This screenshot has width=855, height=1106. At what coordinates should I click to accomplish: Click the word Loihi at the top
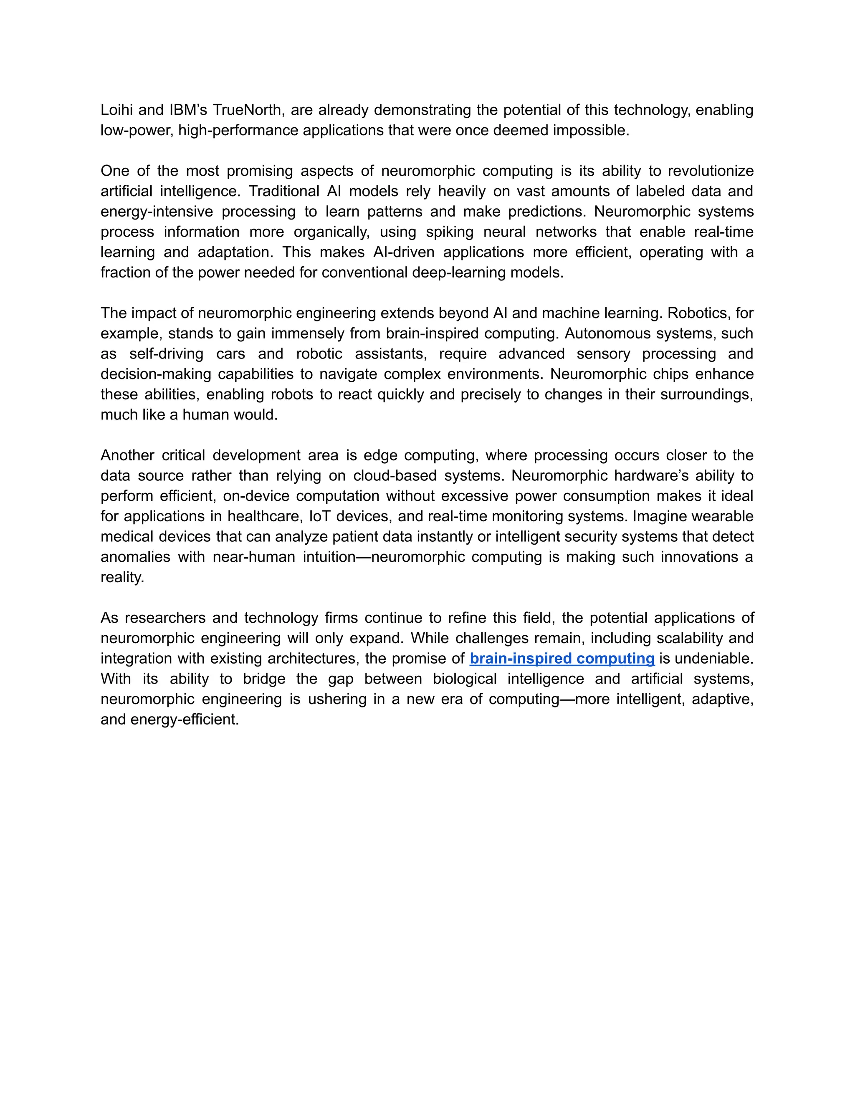coord(116,110)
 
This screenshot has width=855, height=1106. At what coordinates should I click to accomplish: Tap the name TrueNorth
coord(245,110)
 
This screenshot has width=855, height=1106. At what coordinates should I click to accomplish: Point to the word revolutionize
coord(710,171)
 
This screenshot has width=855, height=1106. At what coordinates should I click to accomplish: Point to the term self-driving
coord(166,354)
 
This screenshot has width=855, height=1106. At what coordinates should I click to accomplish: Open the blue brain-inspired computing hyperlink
coord(562,658)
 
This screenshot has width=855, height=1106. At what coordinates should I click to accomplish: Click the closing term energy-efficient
coord(185,719)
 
